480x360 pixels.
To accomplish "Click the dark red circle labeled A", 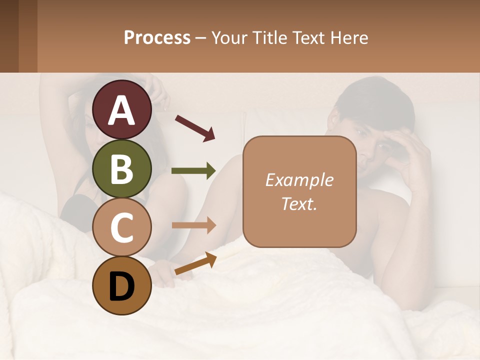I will [x=121, y=109].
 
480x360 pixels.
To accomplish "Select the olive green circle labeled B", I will [x=121, y=168].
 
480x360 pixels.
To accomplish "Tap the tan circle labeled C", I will [x=121, y=227].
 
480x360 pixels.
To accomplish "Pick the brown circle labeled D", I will [x=121, y=286].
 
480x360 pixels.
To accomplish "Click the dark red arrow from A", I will [x=195, y=127].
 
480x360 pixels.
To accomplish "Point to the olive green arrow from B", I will [x=193, y=171].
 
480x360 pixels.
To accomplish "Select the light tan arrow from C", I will [x=194, y=225].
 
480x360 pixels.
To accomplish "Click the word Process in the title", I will [x=157, y=38].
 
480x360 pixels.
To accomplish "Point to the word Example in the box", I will [x=299, y=180].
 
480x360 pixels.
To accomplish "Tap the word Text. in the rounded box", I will [x=299, y=203].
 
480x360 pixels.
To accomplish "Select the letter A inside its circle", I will [x=121, y=110].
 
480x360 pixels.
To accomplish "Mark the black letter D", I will [x=121, y=286].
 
